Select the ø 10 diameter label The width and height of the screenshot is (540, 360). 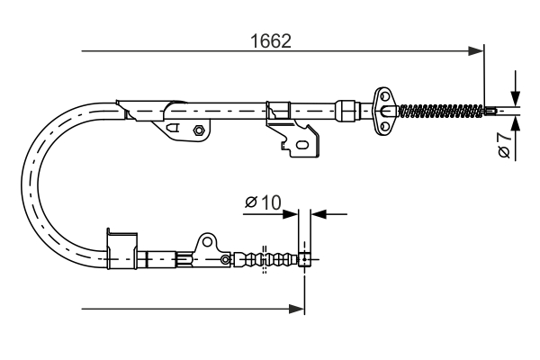262,203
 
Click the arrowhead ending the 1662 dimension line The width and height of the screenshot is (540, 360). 477,52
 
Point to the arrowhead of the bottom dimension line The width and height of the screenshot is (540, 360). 297,309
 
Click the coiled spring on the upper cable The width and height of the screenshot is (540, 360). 441,112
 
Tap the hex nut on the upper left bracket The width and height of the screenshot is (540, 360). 197,131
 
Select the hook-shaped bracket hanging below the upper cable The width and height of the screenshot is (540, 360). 297,138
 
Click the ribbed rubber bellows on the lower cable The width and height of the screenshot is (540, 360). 265,260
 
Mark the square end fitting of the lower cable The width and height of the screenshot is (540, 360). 305,260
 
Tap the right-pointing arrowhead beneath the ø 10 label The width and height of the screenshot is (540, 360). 292,214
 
